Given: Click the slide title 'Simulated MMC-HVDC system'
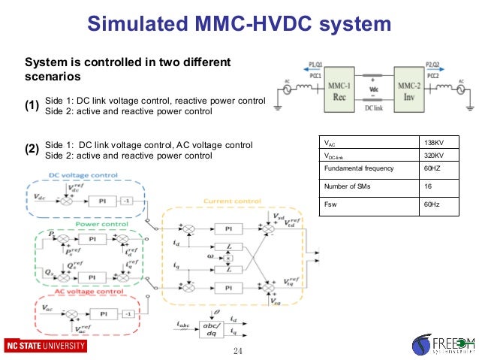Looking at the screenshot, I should tap(239, 24).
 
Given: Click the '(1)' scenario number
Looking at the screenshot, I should tap(32, 106).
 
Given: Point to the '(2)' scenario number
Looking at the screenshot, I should tap(32, 149).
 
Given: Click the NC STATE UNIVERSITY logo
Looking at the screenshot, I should tap(44, 346).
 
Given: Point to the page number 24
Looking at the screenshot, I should tap(239, 352).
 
